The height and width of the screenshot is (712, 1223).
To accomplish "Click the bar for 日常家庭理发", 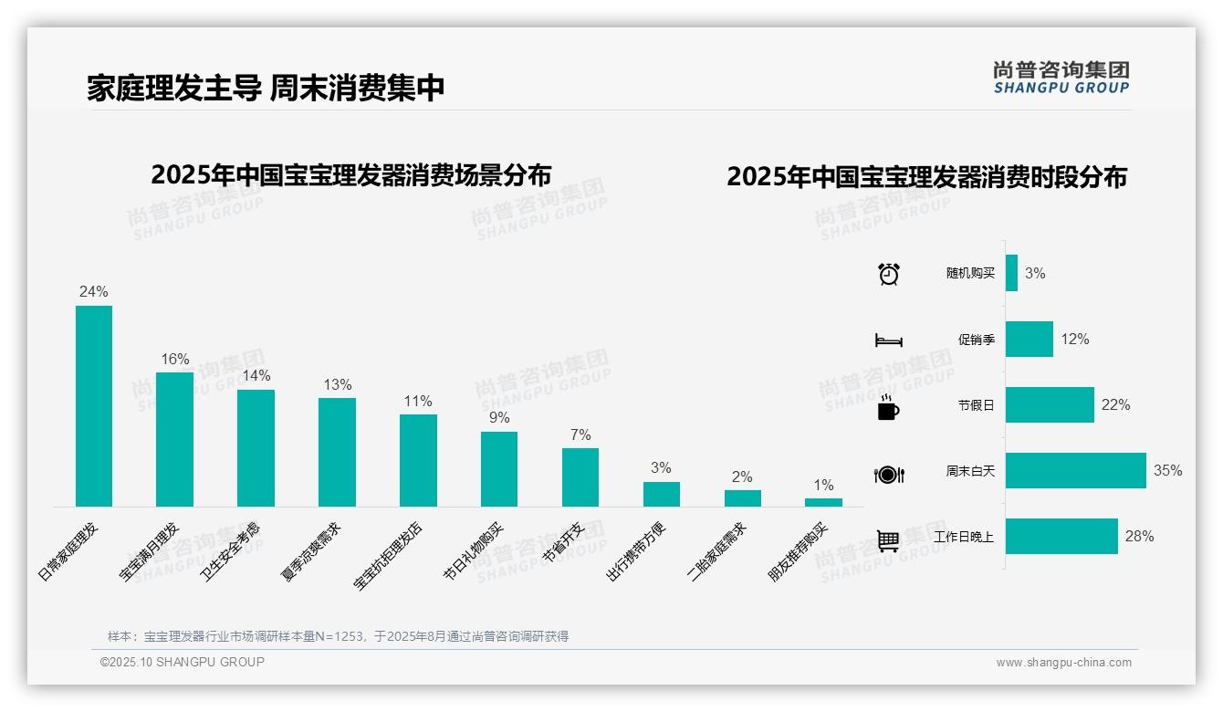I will [x=93, y=405].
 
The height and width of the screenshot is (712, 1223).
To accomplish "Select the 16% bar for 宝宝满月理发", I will [x=174, y=439].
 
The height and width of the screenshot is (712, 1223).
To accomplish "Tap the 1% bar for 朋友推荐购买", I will [x=823, y=502].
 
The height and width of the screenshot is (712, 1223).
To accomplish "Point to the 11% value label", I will [x=418, y=402].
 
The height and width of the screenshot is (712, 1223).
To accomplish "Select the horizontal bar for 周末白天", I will [x=1075, y=471].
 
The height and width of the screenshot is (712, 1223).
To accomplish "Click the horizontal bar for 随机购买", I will [x=1011, y=273].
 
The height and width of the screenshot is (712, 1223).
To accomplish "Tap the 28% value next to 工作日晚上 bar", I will [x=1139, y=537].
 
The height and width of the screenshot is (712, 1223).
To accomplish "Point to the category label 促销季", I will [x=976, y=340].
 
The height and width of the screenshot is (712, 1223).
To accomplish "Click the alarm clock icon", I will [x=889, y=274].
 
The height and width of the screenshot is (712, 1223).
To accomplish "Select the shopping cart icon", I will [x=888, y=540].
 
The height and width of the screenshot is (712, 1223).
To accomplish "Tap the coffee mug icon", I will [x=888, y=407].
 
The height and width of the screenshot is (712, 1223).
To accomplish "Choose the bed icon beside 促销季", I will [x=888, y=340].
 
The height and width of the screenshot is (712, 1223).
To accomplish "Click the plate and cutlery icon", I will [x=888, y=475].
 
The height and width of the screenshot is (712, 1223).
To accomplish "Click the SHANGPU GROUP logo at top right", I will [x=1061, y=78].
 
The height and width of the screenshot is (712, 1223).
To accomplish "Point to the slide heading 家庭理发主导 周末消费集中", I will [x=266, y=88].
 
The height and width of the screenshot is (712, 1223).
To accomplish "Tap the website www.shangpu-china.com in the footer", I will [x=1063, y=663].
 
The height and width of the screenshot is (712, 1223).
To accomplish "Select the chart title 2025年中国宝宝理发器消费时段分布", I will [x=926, y=177].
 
